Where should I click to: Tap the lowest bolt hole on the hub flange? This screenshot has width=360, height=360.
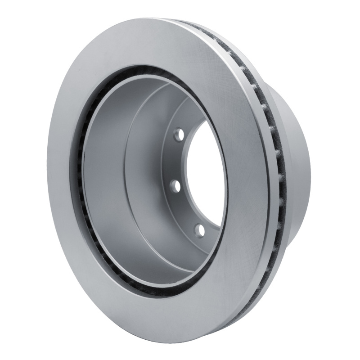click(200, 230)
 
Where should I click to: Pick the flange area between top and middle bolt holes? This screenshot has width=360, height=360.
click(173, 160)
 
